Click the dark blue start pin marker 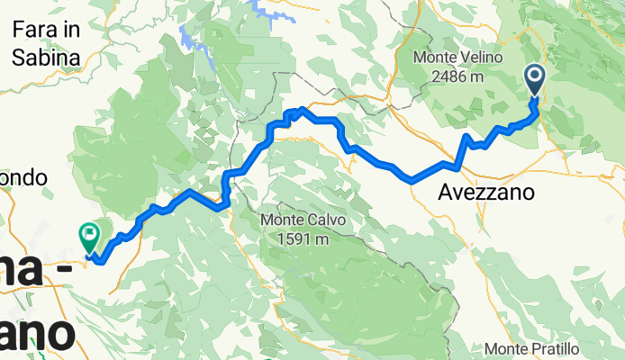535,80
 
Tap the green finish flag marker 89,237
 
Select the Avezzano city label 486,193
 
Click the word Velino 479,58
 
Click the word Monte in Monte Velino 434,58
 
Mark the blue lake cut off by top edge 265,8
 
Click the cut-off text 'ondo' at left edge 23,178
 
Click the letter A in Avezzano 446,193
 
